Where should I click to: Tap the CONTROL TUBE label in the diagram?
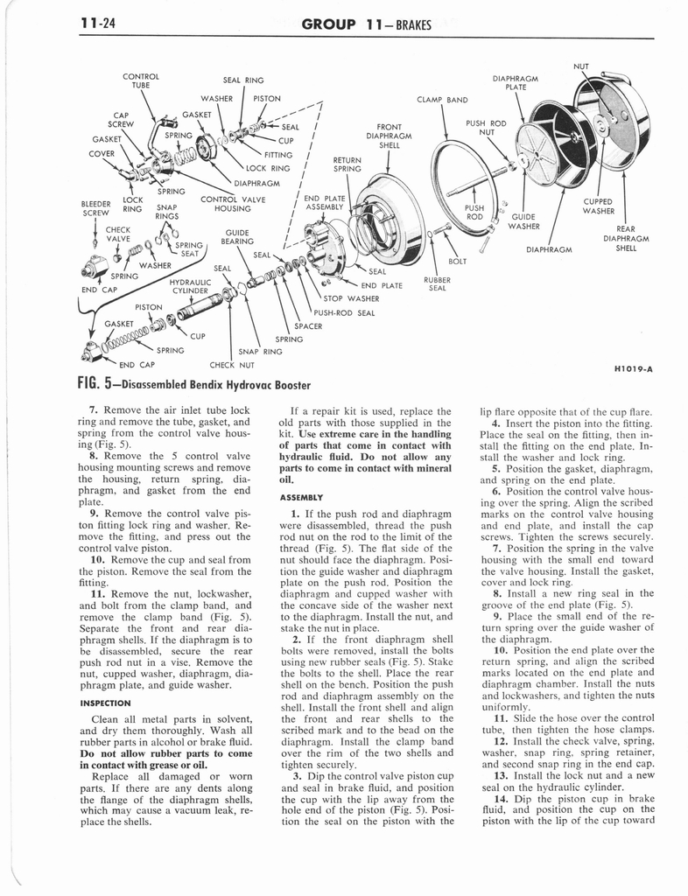[140, 80]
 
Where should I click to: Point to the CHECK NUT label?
[232, 365]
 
